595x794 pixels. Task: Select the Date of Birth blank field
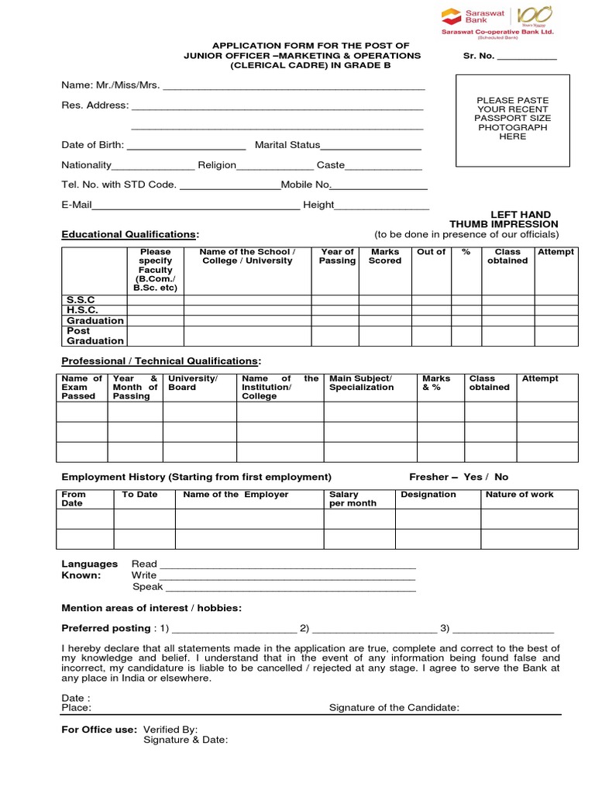pyautogui.click(x=186, y=145)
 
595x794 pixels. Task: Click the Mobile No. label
pyautogui.click(x=306, y=185)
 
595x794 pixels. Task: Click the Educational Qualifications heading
pyautogui.click(x=129, y=234)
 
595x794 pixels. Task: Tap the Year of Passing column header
pyautogui.click(x=337, y=257)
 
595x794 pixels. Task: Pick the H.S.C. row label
pyautogui.click(x=82, y=310)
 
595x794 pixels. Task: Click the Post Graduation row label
pyautogui.click(x=95, y=336)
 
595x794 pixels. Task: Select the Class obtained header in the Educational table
pyautogui.click(x=507, y=257)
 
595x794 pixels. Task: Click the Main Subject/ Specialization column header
pyautogui.click(x=361, y=383)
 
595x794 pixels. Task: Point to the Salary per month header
pyautogui.click(x=353, y=499)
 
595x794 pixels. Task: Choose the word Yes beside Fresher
pyautogui.click(x=473, y=477)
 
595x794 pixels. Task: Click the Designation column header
pyautogui.click(x=428, y=495)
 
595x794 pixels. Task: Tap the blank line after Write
pyautogui.click(x=287, y=575)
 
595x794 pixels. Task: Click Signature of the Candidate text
pyautogui.click(x=394, y=707)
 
